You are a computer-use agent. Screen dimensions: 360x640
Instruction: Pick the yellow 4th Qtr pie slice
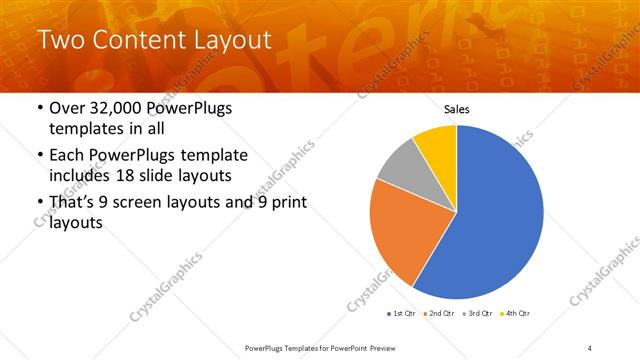438,144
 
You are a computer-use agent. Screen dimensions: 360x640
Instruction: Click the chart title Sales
456,109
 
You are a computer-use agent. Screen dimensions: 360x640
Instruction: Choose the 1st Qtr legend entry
400,314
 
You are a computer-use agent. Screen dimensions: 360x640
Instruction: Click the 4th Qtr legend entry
515,314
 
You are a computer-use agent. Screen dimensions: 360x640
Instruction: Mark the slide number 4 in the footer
589,346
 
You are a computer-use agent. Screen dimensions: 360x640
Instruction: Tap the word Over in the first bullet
67,109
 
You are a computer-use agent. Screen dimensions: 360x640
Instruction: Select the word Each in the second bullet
67,157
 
